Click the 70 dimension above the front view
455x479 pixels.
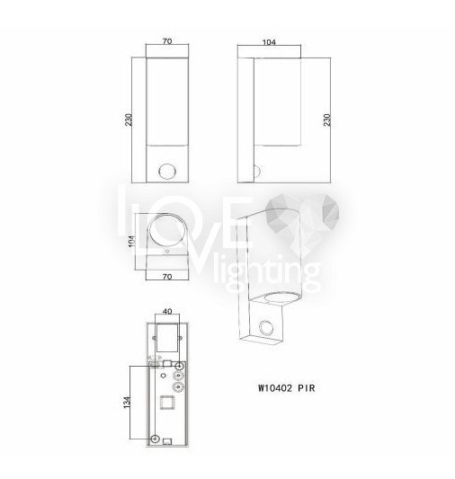(x=167, y=41)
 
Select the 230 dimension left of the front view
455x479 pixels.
(x=129, y=120)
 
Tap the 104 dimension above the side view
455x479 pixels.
(x=269, y=42)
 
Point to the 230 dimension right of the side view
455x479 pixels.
(x=327, y=120)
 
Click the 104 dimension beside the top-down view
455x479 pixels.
(x=131, y=242)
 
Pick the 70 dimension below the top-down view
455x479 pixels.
(x=167, y=277)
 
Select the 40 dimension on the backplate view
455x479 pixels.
(x=167, y=311)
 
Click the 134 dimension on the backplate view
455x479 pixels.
(x=127, y=403)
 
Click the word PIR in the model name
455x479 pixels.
(x=307, y=388)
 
